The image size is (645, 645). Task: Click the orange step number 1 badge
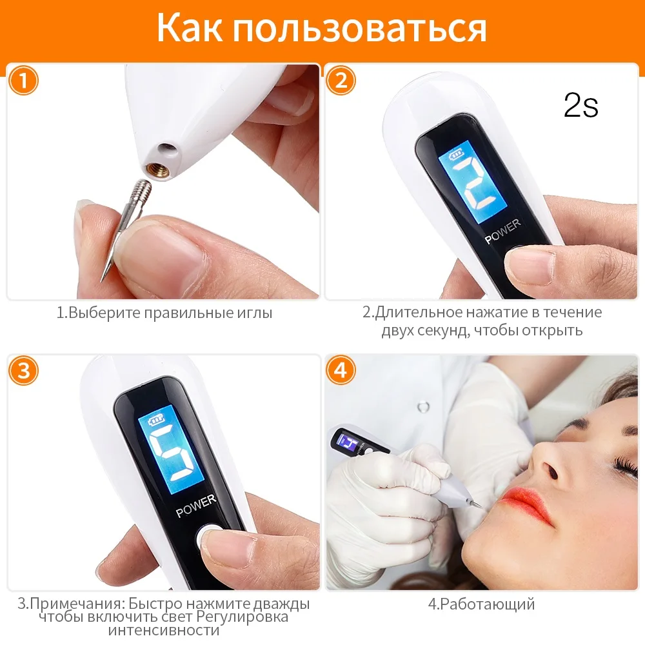point(23,80)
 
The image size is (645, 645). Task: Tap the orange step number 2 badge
point(341,80)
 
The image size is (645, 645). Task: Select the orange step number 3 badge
point(23,371)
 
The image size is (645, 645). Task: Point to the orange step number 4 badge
point(341,371)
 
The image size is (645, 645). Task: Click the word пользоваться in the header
point(361,29)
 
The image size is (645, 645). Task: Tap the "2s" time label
point(581,105)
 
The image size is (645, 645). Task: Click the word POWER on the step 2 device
point(502,231)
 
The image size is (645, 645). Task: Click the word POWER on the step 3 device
point(196,506)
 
